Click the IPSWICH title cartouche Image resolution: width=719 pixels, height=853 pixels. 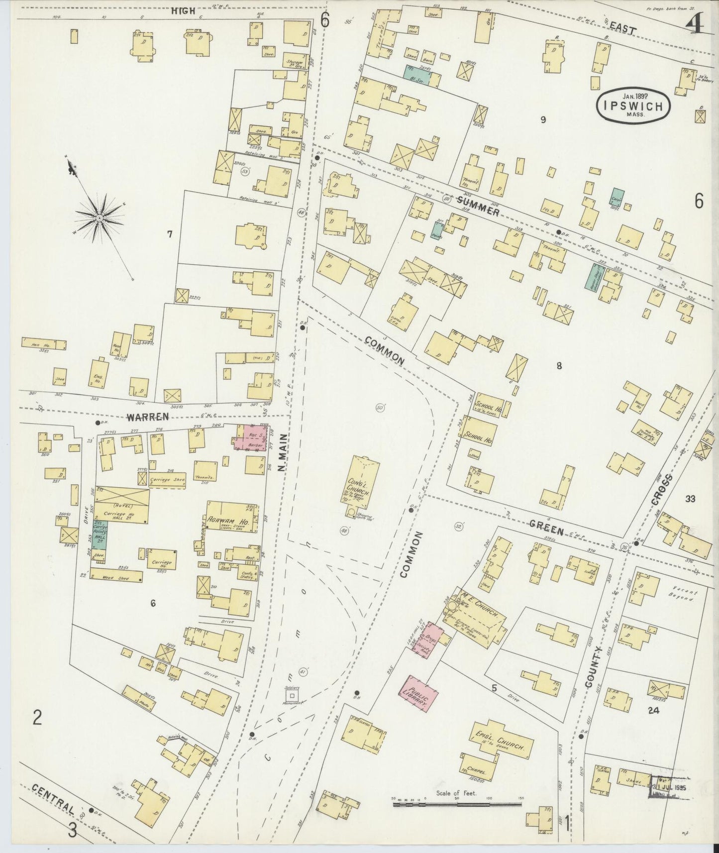coord(633,105)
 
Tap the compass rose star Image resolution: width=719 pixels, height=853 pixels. coord(100,218)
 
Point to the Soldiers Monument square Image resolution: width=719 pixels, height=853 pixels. coord(292,695)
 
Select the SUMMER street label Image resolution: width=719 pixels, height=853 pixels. coord(477,206)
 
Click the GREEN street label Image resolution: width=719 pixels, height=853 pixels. coord(546,528)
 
